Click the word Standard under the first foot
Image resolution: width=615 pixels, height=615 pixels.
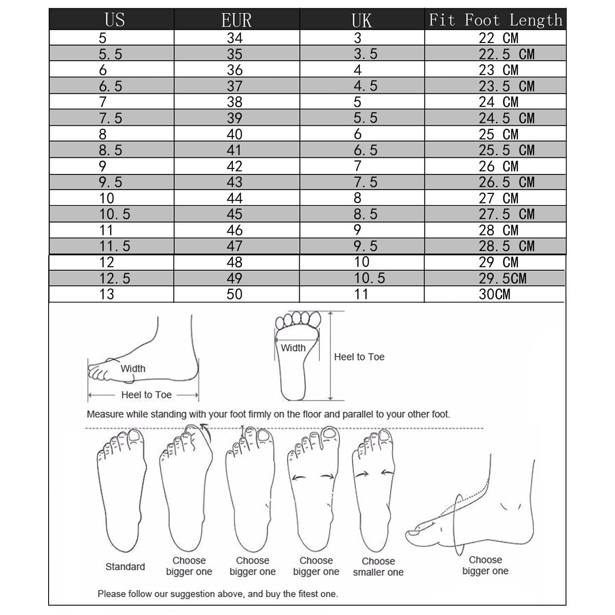[125, 566]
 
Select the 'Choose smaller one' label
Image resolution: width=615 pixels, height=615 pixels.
[378, 566]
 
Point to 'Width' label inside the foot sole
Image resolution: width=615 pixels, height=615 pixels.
[293, 348]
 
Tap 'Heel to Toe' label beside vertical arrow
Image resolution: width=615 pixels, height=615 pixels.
[359, 357]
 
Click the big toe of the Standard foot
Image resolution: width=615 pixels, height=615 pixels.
[136, 436]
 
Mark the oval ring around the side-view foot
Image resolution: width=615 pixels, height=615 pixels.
[458, 524]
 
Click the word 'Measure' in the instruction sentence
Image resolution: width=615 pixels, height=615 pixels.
[104, 414]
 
